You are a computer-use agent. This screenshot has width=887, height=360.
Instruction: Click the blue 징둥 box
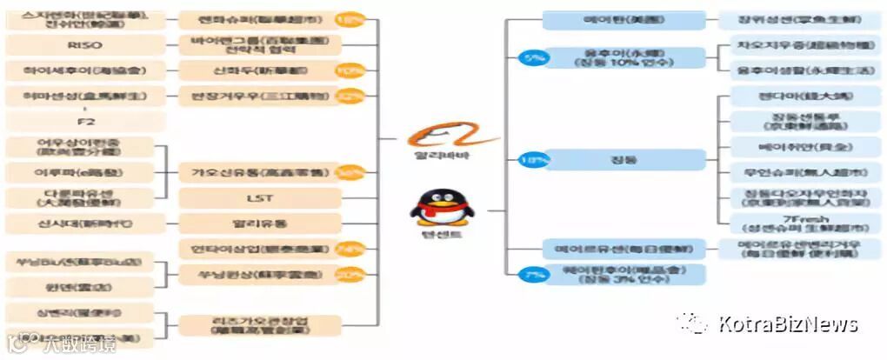point(624,160)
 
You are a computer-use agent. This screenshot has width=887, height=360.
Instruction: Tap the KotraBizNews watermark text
point(788,324)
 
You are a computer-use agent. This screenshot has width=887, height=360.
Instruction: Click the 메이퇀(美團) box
point(624,20)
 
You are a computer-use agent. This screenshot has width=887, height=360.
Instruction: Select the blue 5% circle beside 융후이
point(532,59)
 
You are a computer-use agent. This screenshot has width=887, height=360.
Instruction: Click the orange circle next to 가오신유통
point(350,173)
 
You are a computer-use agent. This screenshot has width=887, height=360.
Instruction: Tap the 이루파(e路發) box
point(80,172)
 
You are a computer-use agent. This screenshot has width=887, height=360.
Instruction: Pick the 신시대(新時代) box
point(80,223)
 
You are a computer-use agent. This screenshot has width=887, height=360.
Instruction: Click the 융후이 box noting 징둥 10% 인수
point(624,58)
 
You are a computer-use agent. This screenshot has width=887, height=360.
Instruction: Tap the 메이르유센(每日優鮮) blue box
point(624,250)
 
